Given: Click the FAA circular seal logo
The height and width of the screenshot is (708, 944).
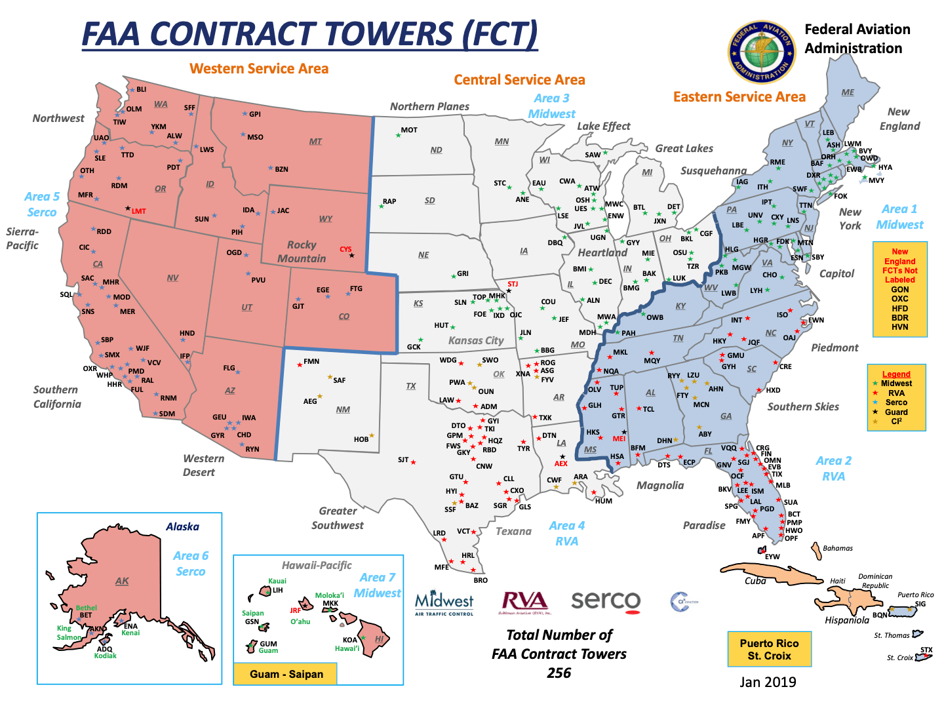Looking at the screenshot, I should pos(761,52).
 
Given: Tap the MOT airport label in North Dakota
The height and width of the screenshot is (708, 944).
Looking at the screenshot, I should pos(409,130).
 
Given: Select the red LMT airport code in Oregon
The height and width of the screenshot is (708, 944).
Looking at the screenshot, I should pos(138,211).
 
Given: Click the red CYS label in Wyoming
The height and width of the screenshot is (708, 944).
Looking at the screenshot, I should pos(345,249).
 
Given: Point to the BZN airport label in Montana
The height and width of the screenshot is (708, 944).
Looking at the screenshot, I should pos(281,169).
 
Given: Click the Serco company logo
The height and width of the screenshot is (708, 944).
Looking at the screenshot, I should pos(606,601).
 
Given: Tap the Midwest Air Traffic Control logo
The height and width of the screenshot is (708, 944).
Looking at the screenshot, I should pos(444,602).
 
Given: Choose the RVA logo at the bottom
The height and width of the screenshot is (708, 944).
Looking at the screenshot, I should pos(524,602).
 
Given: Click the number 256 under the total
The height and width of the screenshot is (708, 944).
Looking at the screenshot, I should pos(559,673).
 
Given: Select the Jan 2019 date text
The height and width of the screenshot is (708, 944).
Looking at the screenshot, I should pos(768,682).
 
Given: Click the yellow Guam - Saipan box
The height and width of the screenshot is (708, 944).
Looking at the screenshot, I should pos(286,674).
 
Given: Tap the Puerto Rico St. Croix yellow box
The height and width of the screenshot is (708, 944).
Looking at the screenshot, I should pos(769,649).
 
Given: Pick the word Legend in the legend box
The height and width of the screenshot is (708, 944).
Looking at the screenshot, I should pos(896,374).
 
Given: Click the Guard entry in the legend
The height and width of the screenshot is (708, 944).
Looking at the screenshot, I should pos(896,412).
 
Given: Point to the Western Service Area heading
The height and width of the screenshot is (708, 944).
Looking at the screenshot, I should pos(259,69).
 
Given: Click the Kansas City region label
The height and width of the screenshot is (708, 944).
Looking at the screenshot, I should pos(475,340).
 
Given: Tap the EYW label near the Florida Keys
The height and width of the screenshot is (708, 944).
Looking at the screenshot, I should pos(772,557).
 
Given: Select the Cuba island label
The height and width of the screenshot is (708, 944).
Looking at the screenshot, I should pos(755,581).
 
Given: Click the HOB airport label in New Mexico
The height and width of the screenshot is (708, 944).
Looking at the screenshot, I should pos(361,439).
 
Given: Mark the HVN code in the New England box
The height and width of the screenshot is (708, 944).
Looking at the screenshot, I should pos(899,326).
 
